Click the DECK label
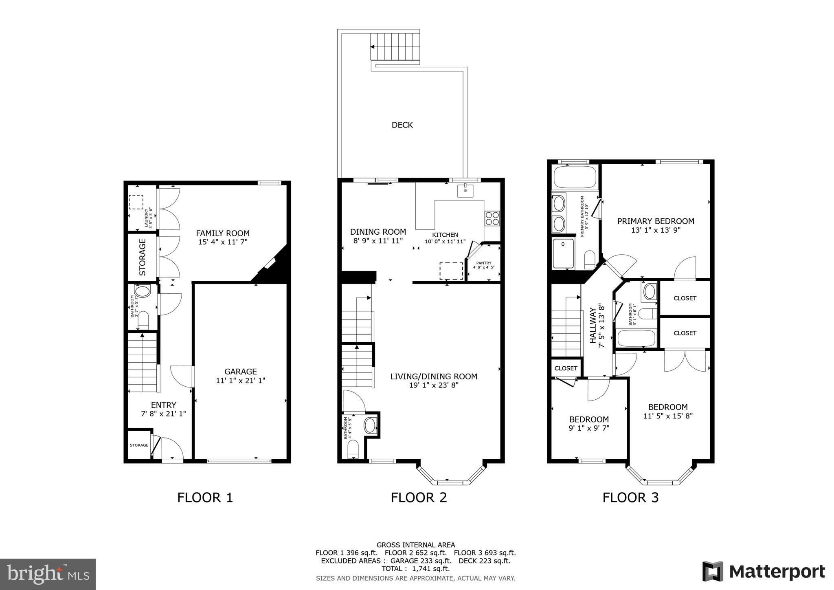tap(402, 125)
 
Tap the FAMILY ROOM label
tap(223, 233)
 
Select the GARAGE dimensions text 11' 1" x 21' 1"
tap(240, 381)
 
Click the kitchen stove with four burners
tap(492, 218)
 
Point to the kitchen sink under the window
tap(465, 190)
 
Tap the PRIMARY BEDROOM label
tap(656, 221)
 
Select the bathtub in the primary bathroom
tap(575, 177)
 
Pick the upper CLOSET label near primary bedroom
tap(685, 298)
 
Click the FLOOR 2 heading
tap(419, 498)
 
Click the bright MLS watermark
tap(48, 575)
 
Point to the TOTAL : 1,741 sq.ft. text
tap(415, 568)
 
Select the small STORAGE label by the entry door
tap(139, 445)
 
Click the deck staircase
tap(394, 46)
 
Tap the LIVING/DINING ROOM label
tap(434, 376)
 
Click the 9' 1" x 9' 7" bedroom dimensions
tap(589, 428)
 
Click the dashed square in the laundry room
tap(136, 202)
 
